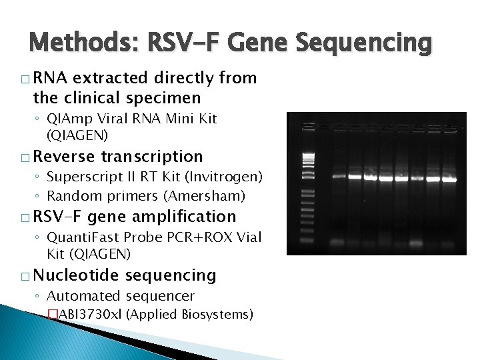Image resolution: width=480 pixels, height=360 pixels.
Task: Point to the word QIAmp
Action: point(66,119)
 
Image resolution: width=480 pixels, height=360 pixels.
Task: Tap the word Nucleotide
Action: point(76,275)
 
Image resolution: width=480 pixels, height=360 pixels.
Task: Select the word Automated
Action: point(79,296)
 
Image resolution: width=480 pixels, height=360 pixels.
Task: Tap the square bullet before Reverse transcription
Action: point(25,157)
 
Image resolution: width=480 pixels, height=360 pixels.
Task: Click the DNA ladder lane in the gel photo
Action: point(307,183)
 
